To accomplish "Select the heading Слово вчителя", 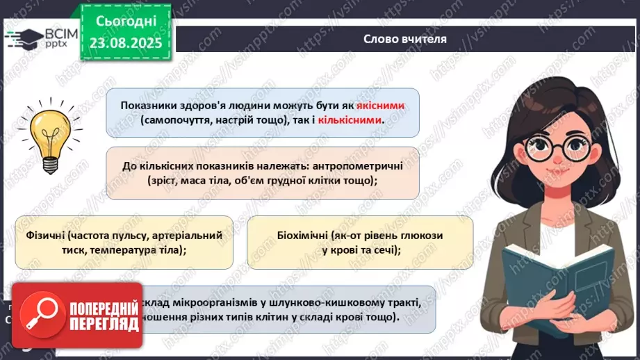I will (404, 38).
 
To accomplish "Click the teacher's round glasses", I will (556, 146).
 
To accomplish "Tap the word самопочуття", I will (174, 120).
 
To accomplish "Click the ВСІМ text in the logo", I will (58, 32).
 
